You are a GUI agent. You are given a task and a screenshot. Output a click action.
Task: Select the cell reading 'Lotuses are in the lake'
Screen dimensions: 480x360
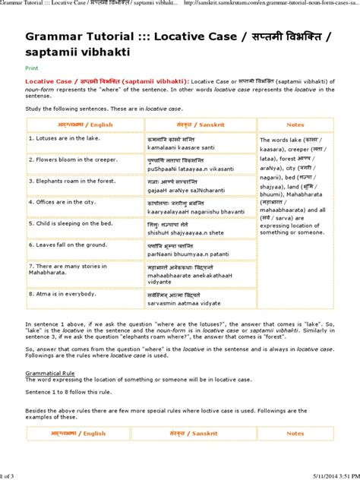[60, 139]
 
